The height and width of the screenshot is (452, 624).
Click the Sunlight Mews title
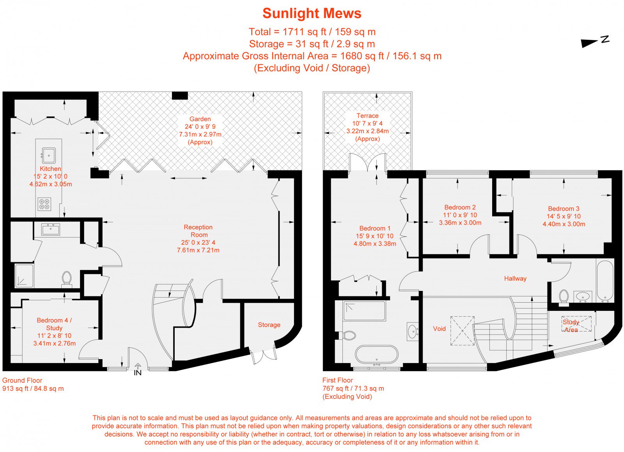tap(312, 13)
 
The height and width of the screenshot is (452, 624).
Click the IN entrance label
tap(138, 372)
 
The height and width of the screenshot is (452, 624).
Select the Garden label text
tap(200, 119)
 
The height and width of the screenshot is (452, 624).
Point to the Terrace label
tap(367, 115)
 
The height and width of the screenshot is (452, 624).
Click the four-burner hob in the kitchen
tap(44, 204)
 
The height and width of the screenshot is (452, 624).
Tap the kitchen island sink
tap(48, 155)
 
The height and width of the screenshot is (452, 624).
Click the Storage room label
tap(269, 325)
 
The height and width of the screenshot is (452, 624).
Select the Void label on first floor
tap(439, 329)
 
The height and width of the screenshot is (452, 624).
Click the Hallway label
tap(515, 278)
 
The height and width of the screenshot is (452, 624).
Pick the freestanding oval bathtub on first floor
tap(376, 355)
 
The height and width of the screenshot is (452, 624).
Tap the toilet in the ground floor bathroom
tap(67, 279)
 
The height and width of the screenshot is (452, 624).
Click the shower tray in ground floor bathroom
tap(24, 276)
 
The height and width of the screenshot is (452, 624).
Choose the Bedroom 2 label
tap(460, 207)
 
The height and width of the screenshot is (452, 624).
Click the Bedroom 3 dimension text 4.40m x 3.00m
tap(564, 224)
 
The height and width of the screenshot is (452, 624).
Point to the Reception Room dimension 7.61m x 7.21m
tap(198, 250)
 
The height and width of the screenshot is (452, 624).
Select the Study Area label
tap(571, 326)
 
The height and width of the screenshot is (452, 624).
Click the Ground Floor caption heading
tap(22, 380)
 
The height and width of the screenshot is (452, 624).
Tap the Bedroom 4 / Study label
tap(54, 324)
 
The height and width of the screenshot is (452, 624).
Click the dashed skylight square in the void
tap(463, 331)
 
